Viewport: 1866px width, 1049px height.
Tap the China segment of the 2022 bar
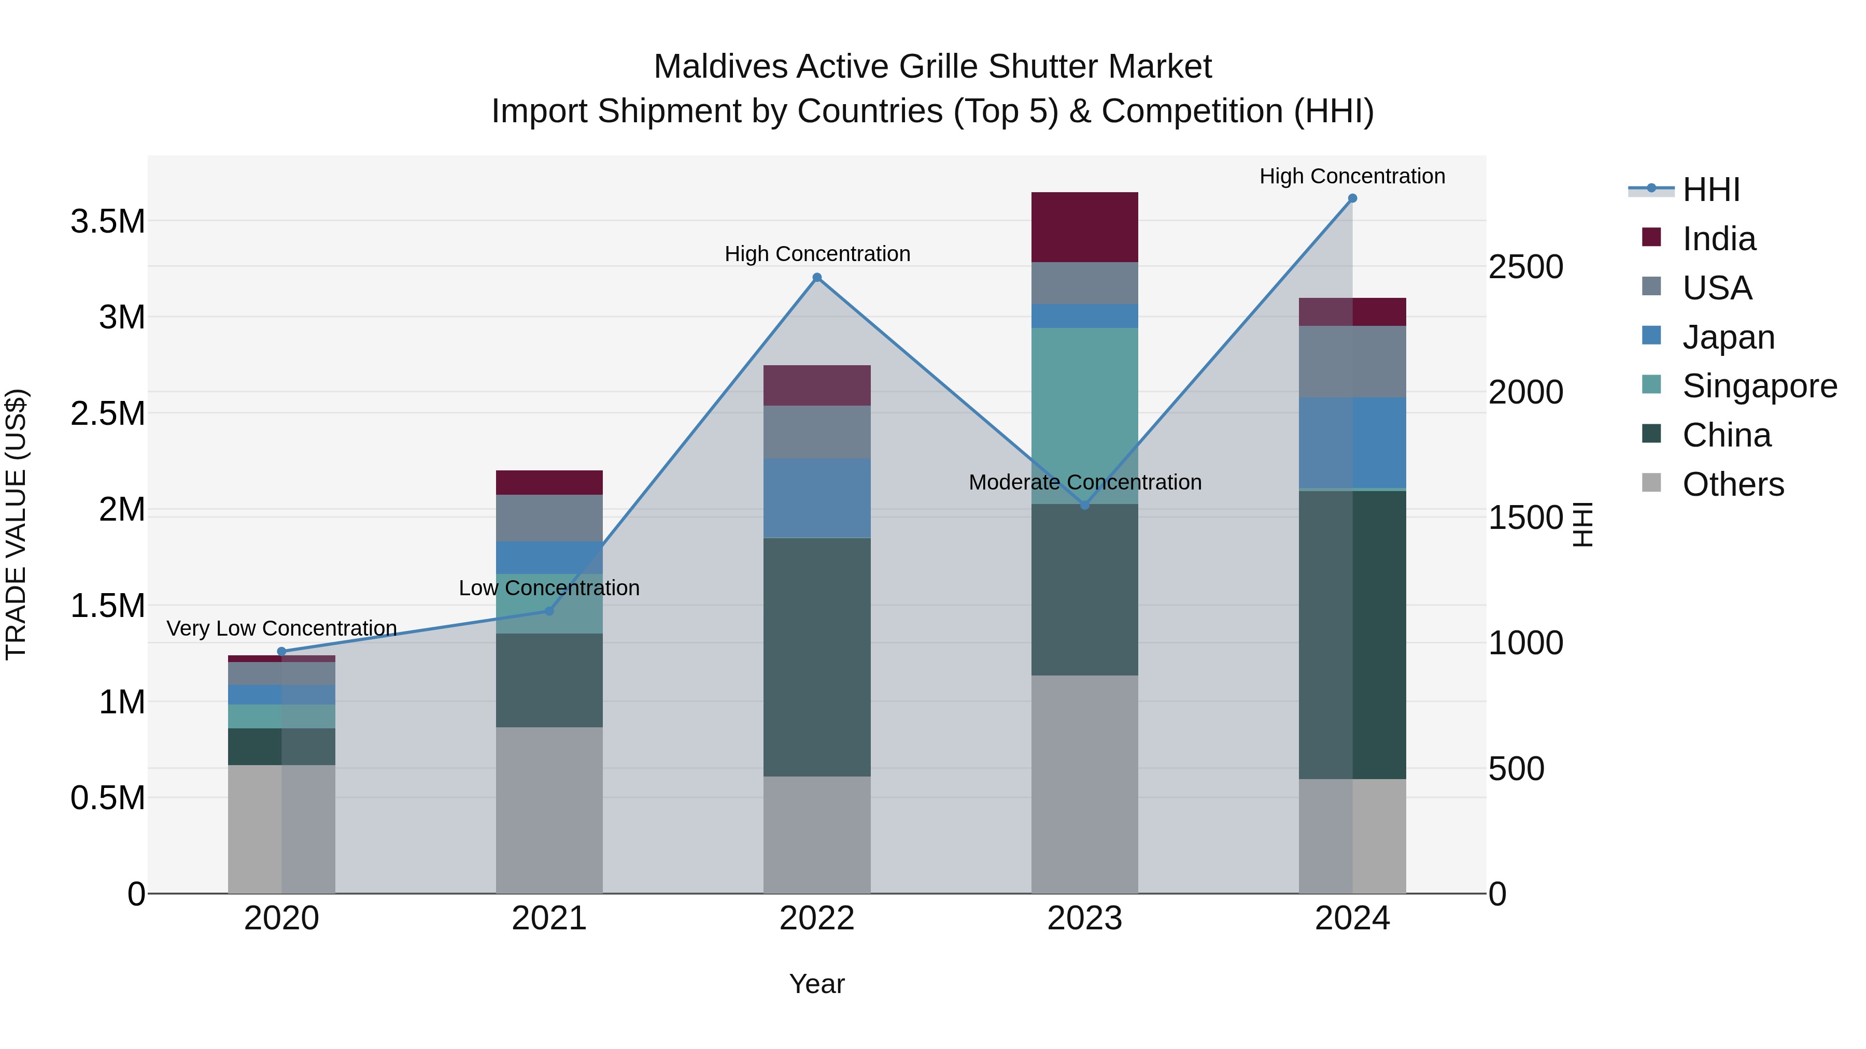tap(816, 657)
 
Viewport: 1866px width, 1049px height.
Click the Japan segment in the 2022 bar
tap(816, 497)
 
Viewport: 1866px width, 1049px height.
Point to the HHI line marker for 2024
tap(1352, 198)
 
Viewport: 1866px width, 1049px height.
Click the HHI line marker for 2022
tap(816, 277)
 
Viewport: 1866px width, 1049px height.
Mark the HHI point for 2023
tap(1084, 505)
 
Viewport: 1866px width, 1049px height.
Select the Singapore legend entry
tap(1759, 386)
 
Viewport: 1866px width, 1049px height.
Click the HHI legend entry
tap(1710, 190)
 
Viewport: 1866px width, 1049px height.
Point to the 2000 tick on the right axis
tap(1525, 392)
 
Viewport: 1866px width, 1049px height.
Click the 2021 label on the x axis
tap(549, 918)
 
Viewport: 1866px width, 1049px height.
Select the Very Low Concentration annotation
tap(282, 628)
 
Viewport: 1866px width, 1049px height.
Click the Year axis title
tap(816, 984)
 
